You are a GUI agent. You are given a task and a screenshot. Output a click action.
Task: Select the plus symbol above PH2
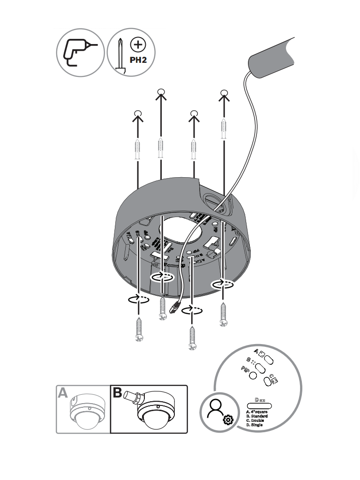[x=138, y=45]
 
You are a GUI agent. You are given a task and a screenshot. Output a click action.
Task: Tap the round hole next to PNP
[x=253, y=375]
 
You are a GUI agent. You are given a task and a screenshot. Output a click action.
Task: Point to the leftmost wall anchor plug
[x=137, y=149]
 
